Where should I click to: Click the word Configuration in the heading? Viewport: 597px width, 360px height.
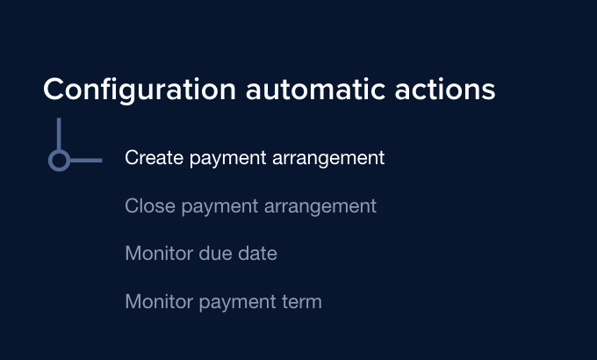pyautogui.click(x=139, y=90)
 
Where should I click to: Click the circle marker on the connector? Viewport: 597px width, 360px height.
pyautogui.click(x=59, y=160)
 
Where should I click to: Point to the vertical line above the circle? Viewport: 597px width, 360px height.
pyautogui.click(x=59, y=133)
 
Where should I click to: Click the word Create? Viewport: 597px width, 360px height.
pyautogui.click(x=150, y=158)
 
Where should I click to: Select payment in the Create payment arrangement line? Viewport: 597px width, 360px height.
pyautogui.click(x=223, y=159)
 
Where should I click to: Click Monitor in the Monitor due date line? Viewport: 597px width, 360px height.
pyautogui.click(x=156, y=254)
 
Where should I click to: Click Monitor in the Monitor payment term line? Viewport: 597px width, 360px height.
pyautogui.click(x=156, y=302)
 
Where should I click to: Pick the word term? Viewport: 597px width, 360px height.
pyautogui.click(x=301, y=302)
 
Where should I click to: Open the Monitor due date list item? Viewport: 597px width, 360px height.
pyautogui.click(x=201, y=254)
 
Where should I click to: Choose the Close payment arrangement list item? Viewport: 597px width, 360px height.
pyautogui.click(x=250, y=206)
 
